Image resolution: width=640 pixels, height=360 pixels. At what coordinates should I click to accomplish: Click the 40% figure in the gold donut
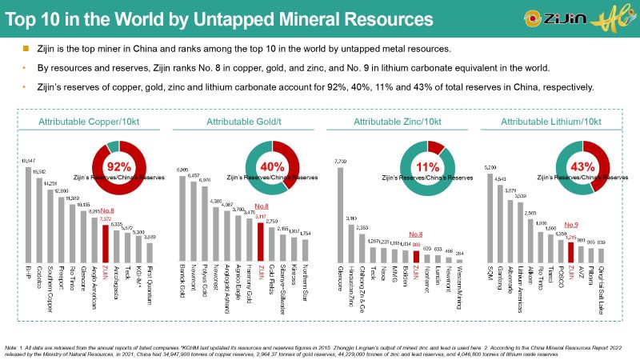pos(272,168)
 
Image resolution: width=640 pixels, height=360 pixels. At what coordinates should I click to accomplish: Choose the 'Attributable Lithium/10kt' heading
pos(550,122)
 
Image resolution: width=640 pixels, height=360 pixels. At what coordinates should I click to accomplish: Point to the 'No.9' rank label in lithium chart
pos(572,225)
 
